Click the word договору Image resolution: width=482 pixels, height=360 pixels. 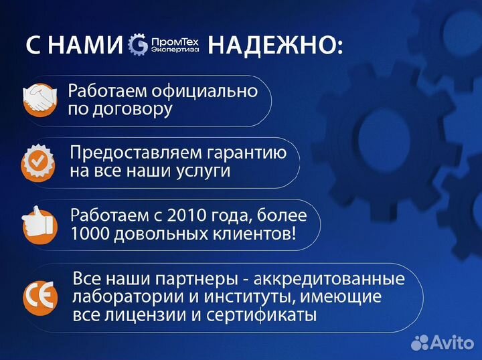(x=134, y=109)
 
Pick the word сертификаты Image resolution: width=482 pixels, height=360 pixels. (x=270, y=314)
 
